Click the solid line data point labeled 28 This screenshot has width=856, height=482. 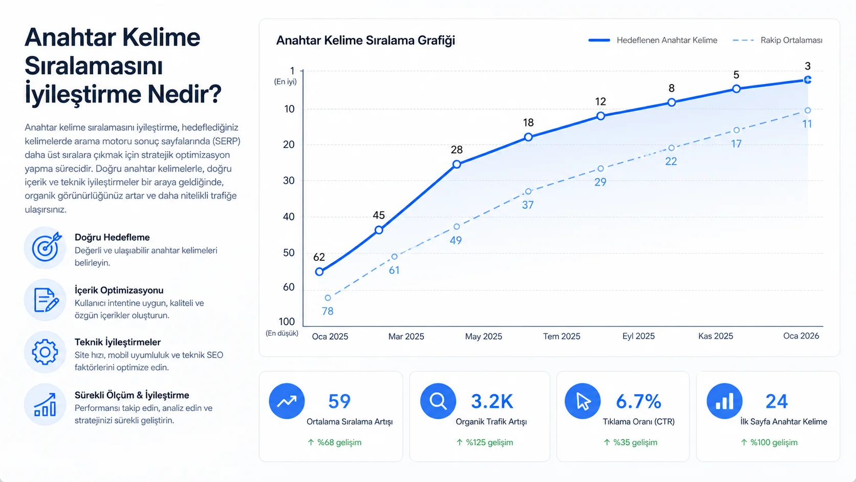[457, 164]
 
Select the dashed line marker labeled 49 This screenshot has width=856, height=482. [457, 227]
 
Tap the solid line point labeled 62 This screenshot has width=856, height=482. [319, 272]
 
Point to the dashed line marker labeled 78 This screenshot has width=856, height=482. [328, 298]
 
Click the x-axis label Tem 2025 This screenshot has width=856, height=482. [562, 337]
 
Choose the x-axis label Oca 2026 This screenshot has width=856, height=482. [801, 336]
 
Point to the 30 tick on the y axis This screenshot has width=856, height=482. [289, 180]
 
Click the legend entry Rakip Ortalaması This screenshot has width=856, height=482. [778, 40]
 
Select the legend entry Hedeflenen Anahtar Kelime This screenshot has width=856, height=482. [653, 40]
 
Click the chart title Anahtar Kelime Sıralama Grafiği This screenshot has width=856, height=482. [366, 40]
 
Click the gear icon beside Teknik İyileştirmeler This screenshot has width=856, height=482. [45, 352]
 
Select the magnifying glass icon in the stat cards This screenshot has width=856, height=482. [438, 401]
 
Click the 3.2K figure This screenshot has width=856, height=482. [492, 402]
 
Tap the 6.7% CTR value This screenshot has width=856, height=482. [638, 402]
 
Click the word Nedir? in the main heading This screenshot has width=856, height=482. [184, 94]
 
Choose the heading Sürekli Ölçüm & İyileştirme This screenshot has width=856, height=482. [132, 395]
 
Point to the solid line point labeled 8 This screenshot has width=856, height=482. [671, 102]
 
